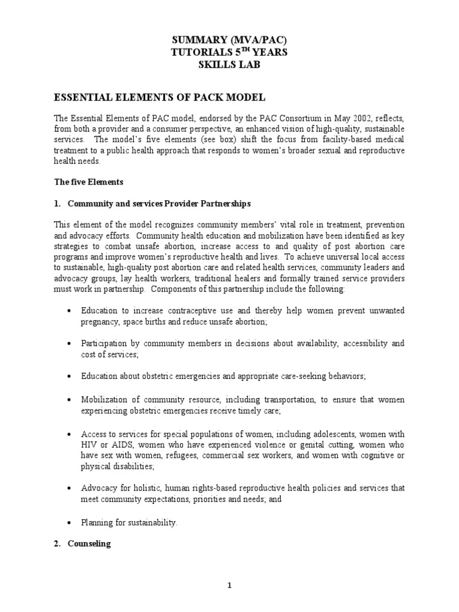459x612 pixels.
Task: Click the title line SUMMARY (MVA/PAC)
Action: tap(229, 40)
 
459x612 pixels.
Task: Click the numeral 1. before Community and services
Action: tap(58, 204)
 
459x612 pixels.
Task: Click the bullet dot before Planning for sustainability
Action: tap(70, 523)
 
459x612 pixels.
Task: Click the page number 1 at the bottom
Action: tap(229, 586)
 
